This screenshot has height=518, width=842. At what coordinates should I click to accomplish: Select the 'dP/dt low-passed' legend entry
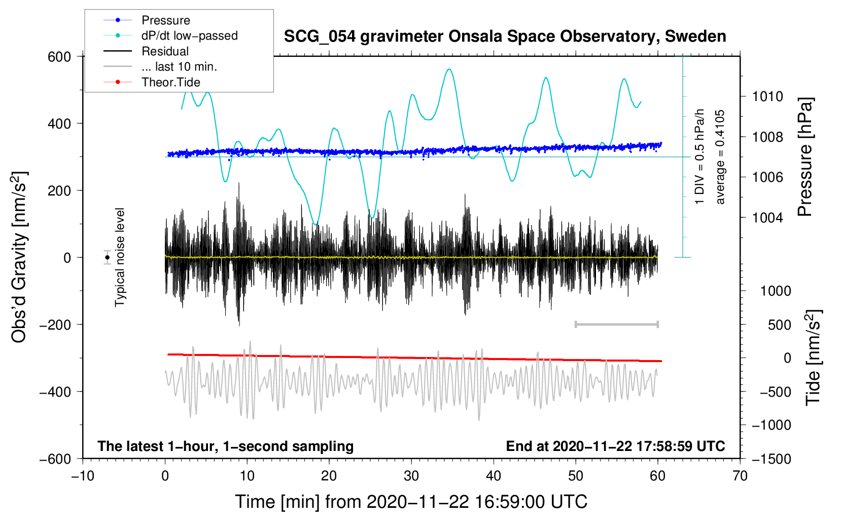[170, 36]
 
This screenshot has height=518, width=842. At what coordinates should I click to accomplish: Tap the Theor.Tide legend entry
[152, 82]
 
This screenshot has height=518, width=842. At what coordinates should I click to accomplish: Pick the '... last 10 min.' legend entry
[160, 67]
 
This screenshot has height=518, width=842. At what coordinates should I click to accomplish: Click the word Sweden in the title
[695, 36]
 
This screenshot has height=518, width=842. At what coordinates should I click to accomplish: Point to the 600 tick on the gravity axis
[59, 57]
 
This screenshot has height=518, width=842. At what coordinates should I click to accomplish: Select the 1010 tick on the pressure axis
[767, 96]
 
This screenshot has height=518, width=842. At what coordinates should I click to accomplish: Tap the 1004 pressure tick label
[767, 217]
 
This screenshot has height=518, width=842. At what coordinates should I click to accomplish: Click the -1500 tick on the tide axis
[771, 459]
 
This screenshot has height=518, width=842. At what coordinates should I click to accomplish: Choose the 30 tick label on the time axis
[411, 476]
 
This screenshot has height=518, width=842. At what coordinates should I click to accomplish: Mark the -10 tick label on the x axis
[83, 476]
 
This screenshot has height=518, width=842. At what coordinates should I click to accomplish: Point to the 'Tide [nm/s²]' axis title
[814, 358]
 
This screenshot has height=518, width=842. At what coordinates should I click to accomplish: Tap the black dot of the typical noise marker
[107, 257]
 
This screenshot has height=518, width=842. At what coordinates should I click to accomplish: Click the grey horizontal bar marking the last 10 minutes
[616, 324]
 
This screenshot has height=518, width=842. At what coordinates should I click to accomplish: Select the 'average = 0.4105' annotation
[720, 157]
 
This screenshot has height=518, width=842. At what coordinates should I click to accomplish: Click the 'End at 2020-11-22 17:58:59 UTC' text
[615, 446]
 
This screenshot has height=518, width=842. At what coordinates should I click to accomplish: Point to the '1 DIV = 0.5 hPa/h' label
[699, 156]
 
